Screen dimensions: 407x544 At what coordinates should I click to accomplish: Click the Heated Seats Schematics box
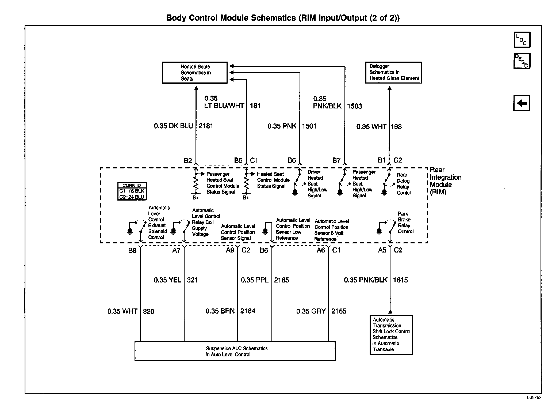(195, 73)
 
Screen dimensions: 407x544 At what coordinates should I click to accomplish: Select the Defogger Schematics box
(393, 73)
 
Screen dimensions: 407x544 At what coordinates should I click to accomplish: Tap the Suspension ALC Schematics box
(235, 351)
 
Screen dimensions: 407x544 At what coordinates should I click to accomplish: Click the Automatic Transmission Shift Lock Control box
(391, 335)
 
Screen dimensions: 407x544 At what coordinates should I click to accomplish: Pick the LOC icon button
(522, 40)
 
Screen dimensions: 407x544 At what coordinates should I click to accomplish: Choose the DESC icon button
(522, 61)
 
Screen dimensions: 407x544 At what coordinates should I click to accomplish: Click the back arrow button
(522, 103)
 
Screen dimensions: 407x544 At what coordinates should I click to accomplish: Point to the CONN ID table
(132, 191)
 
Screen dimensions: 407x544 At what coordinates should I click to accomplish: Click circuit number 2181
(206, 126)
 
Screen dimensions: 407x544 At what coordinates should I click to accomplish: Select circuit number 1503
(354, 106)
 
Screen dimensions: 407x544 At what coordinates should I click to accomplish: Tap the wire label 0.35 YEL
(168, 280)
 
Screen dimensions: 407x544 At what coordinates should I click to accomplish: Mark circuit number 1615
(400, 280)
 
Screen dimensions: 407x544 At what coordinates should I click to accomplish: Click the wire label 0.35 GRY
(311, 311)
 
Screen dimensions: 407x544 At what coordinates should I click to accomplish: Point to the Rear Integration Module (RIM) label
(445, 181)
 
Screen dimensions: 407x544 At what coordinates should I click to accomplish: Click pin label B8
(132, 250)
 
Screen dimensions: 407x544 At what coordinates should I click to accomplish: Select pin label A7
(176, 250)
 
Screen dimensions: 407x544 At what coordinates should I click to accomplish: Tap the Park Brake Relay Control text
(405, 223)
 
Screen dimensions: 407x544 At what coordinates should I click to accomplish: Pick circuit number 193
(396, 126)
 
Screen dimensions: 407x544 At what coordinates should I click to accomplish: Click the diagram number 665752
(534, 398)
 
